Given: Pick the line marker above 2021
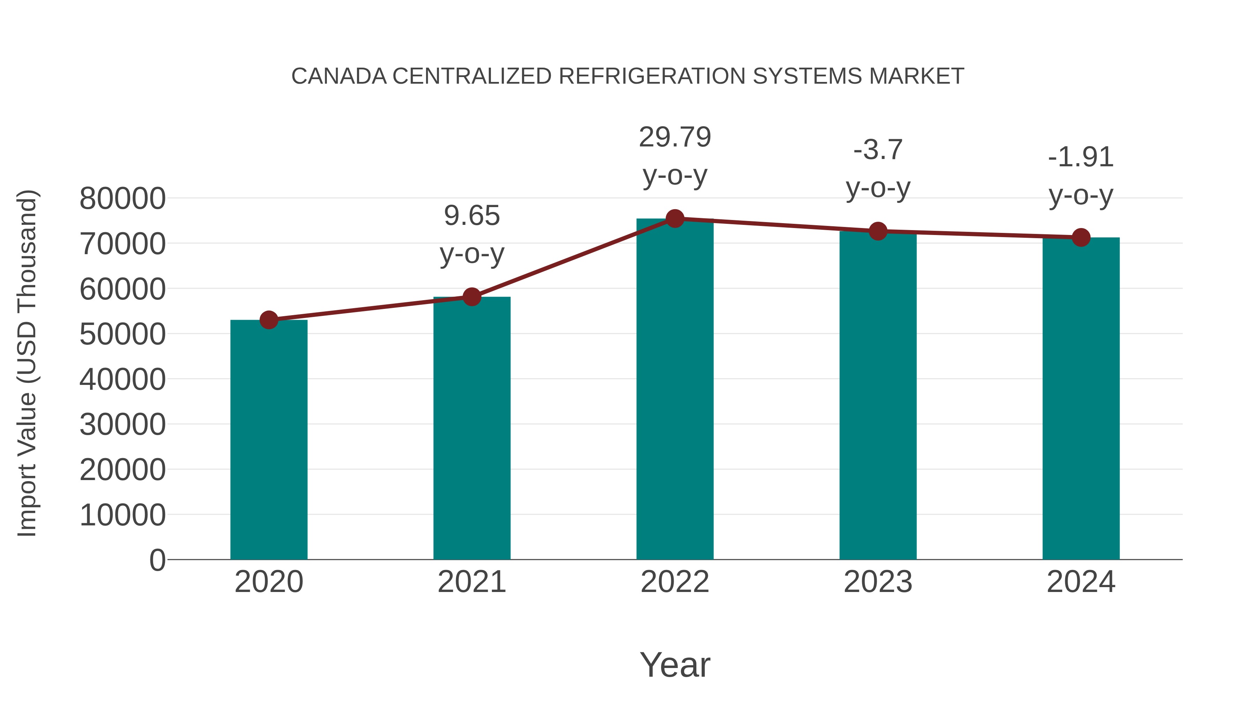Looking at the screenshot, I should (471, 296).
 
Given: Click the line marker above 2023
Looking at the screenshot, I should (878, 231).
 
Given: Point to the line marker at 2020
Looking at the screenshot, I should (269, 320).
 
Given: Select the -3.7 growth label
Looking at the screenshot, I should (878, 150).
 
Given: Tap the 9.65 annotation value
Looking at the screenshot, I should (471, 216).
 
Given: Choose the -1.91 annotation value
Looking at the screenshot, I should (1081, 157).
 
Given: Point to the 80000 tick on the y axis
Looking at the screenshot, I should (122, 199).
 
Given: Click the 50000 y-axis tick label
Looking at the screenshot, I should (122, 334).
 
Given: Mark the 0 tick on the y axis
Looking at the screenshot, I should (157, 560).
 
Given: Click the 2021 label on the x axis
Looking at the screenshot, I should (471, 582).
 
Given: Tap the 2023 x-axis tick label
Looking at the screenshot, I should (878, 582).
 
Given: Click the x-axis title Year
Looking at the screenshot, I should (675, 665).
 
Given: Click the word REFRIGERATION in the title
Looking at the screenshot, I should (652, 76).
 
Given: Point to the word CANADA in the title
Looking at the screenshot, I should (339, 76).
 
